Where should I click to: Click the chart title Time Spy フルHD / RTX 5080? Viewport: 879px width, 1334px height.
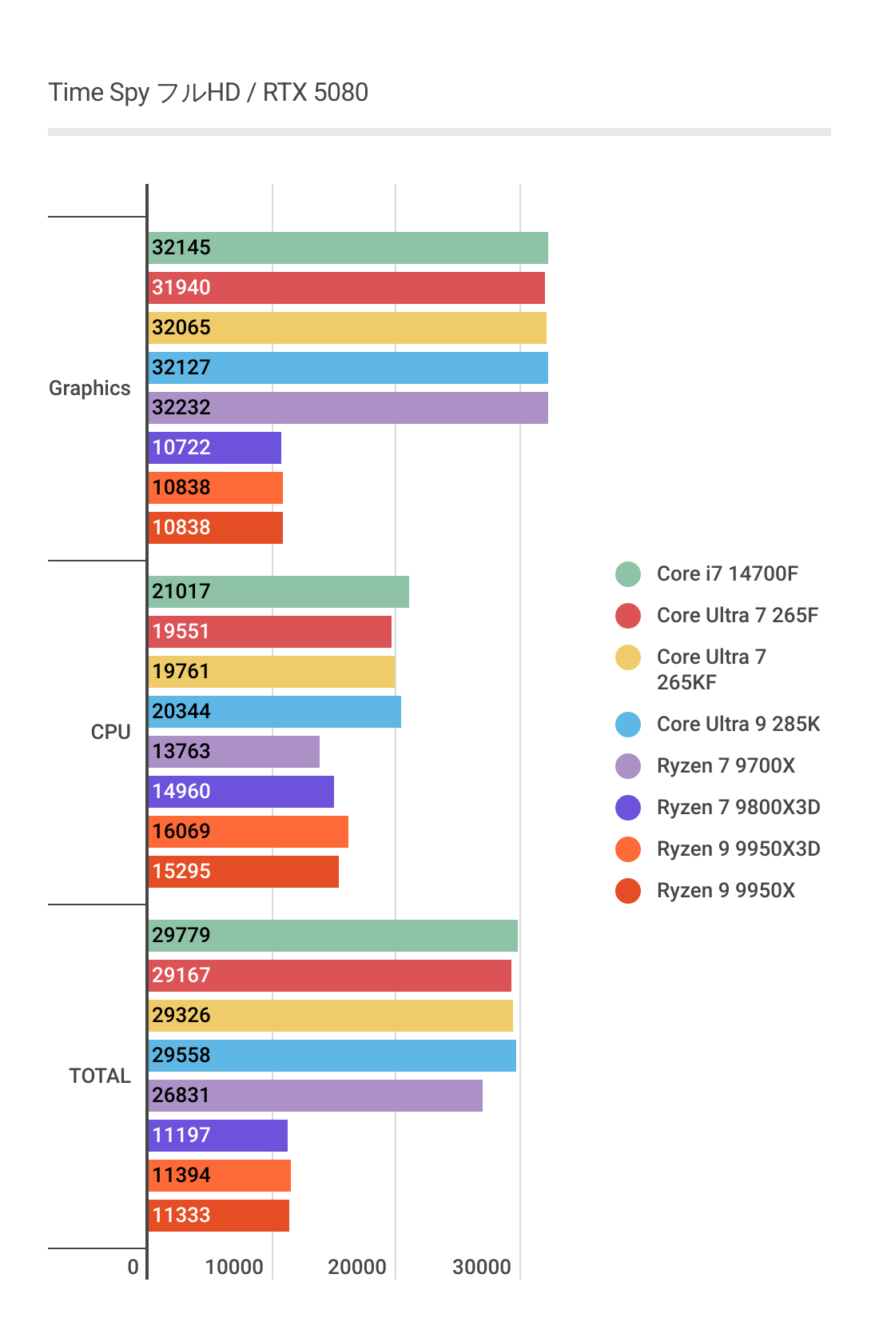208,93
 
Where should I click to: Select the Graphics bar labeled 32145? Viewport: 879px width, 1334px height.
348,248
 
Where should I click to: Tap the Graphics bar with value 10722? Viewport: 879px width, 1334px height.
215,448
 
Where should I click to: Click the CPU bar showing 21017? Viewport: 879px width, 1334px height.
279,592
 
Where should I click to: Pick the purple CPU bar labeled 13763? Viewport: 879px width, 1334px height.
234,752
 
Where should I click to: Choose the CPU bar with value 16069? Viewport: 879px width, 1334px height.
249,832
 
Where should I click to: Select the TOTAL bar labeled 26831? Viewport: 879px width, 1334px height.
316,1096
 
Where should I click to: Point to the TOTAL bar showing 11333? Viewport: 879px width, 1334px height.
219,1216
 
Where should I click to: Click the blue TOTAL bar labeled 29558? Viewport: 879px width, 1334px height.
332,1056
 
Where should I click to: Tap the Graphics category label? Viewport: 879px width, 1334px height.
89,388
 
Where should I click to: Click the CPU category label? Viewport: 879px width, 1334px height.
110,732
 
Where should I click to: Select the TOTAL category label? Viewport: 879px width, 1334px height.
100,1076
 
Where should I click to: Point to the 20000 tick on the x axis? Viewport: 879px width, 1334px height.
357,1267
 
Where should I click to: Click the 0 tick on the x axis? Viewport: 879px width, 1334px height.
133,1267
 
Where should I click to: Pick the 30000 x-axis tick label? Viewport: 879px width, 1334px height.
482,1267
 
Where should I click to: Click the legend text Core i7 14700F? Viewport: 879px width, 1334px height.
727,573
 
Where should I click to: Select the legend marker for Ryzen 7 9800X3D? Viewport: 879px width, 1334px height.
628,808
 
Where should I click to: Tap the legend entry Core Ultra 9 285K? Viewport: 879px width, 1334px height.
738,724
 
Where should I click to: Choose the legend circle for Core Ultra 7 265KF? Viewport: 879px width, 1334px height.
628,657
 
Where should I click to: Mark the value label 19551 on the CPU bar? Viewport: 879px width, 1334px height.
181,632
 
